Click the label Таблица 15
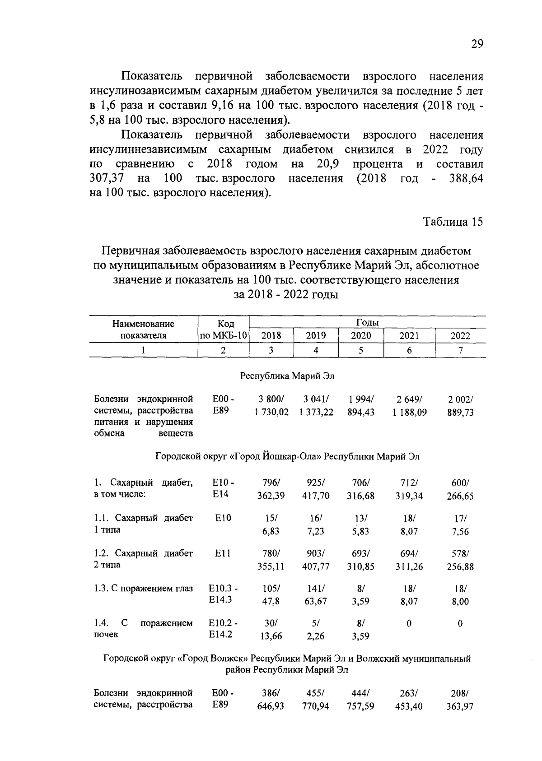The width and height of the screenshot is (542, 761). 453,222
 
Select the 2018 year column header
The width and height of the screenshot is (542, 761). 271,336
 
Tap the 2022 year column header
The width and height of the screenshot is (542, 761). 460,336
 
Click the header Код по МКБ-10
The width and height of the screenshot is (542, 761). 224,330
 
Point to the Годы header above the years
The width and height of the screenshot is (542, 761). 367,322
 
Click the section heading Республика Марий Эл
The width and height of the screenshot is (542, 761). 287,376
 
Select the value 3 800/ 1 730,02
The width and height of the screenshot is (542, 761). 271,406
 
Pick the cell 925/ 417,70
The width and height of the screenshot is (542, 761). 316,489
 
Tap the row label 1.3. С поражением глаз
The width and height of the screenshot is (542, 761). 143,589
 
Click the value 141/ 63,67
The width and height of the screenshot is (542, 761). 316,595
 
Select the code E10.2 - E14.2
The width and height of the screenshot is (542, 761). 223,629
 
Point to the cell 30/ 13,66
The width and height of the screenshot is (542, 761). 271,630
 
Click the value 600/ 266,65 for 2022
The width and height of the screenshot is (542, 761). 460,489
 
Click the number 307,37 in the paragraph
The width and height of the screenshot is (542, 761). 107,179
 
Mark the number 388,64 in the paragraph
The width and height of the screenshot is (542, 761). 466,179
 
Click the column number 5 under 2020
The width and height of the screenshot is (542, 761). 361,350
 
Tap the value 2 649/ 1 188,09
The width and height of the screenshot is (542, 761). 409,406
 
